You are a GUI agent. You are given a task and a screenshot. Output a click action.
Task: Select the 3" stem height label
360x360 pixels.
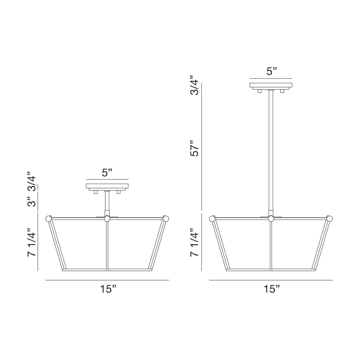[31, 202]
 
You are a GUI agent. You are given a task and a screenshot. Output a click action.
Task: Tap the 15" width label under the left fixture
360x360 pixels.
[108, 289]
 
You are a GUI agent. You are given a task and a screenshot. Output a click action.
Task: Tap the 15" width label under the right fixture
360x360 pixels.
[271, 289]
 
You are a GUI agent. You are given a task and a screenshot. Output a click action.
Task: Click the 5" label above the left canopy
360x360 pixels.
[107, 173]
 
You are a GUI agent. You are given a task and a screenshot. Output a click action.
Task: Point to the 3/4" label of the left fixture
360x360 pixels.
[31, 181]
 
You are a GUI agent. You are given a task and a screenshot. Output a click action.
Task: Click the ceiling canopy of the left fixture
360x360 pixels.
[107, 186]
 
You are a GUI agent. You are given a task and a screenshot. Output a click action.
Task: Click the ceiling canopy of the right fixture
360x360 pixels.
[271, 85]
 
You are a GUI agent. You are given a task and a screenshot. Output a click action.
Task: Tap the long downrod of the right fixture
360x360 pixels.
[271, 150]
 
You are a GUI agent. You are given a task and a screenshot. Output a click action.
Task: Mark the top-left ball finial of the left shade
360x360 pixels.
[48, 218]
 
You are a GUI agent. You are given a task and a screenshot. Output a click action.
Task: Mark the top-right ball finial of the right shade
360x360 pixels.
[330, 218]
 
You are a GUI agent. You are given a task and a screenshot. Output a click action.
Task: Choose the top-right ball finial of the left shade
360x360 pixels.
[166, 218]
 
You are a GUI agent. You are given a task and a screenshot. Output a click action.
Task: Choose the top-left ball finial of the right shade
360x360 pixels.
[212, 218]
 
